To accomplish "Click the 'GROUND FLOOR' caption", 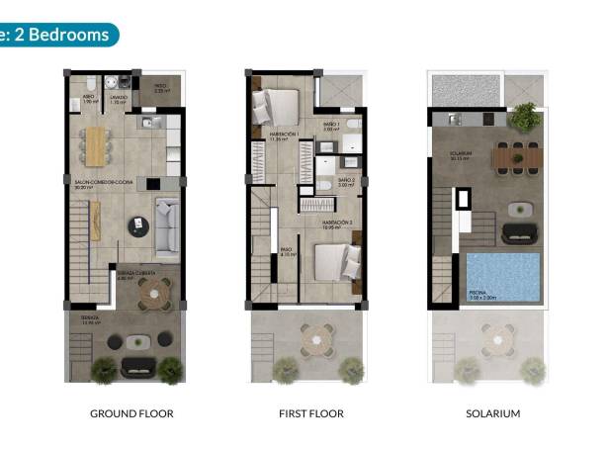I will [130, 413].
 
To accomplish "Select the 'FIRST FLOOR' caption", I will [311, 413].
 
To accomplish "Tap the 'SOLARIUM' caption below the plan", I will [492, 413].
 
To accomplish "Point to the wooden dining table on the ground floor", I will [95, 145].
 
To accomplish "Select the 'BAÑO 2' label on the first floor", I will [346, 183].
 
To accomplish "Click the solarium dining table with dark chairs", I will [514, 156].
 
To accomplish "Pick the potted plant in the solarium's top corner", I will [525, 115].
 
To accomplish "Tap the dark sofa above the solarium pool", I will [520, 233].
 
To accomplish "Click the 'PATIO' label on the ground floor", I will [160, 88].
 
